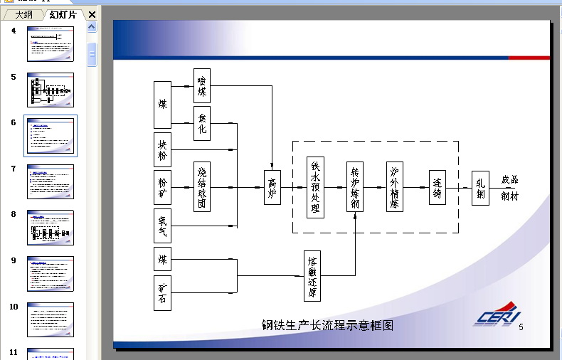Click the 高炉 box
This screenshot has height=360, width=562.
(272, 188)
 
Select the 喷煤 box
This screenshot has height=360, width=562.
(202, 85)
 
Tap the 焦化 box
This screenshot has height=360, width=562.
(202, 123)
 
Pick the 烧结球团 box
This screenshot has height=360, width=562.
(202, 187)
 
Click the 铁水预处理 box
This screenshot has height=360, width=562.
(315, 188)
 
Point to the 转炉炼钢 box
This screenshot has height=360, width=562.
(355, 188)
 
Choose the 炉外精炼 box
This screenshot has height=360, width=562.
(395, 188)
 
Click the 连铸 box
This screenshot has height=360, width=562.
(438, 188)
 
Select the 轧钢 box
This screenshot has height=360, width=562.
(480, 188)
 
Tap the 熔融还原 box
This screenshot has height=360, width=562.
(312, 276)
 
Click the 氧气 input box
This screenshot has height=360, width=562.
(162, 226)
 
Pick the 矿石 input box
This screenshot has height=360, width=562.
(162, 292)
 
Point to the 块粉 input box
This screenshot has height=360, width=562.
(162, 149)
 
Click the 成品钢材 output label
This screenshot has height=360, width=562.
(509, 188)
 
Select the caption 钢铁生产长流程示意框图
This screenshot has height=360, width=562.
(327, 326)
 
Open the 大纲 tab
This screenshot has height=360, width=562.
(23, 15)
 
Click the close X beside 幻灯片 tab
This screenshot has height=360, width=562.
(92, 14)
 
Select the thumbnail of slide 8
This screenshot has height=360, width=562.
(51, 228)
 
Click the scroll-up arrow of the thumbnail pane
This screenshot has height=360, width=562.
(92, 27)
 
